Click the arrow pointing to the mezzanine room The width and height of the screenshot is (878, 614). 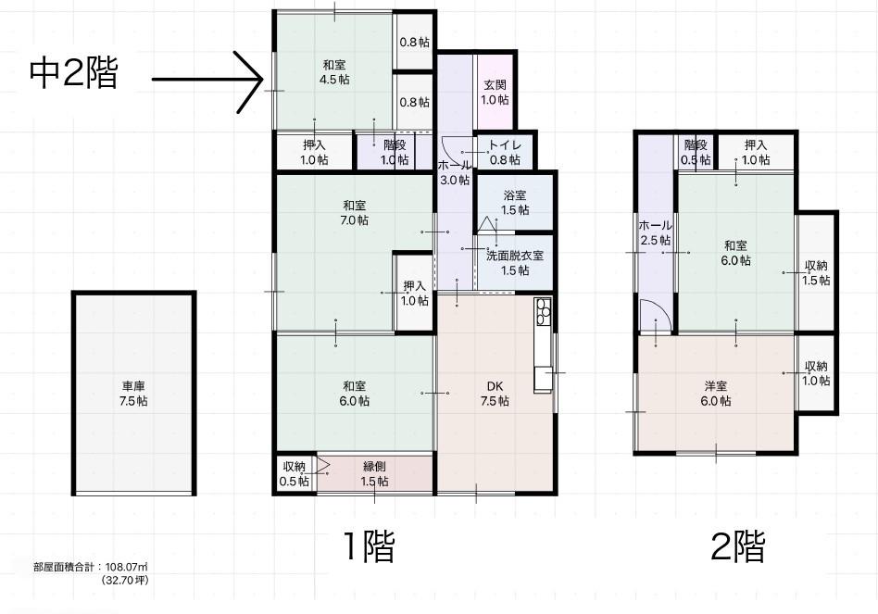(x=207, y=80)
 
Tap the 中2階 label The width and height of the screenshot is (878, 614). (x=74, y=73)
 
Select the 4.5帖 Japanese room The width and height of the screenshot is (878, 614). (x=334, y=71)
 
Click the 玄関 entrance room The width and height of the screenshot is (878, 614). (x=495, y=92)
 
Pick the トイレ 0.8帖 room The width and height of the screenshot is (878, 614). (x=505, y=152)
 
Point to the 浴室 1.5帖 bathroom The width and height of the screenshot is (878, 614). (x=515, y=202)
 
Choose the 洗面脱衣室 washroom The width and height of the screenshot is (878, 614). (x=515, y=262)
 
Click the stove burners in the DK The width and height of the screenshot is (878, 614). (x=543, y=312)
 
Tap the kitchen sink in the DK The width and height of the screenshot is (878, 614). (x=543, y=380)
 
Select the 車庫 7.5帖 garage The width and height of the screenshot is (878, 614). (x=133, y=393)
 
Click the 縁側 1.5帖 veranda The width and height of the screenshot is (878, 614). (x=374, y=473)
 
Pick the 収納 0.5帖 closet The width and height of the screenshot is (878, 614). (x=295, y=473)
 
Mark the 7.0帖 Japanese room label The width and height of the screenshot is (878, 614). (x=355, y=213)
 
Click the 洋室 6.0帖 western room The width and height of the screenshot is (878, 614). (x=716, y=393)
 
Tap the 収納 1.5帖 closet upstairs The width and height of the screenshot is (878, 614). (x=816, y=272)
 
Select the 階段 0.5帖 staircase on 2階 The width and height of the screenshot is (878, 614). (x=696, y=152)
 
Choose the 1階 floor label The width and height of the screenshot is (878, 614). (x=369, y=545)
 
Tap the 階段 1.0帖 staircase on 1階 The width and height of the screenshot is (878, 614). (x=395, y=152)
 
